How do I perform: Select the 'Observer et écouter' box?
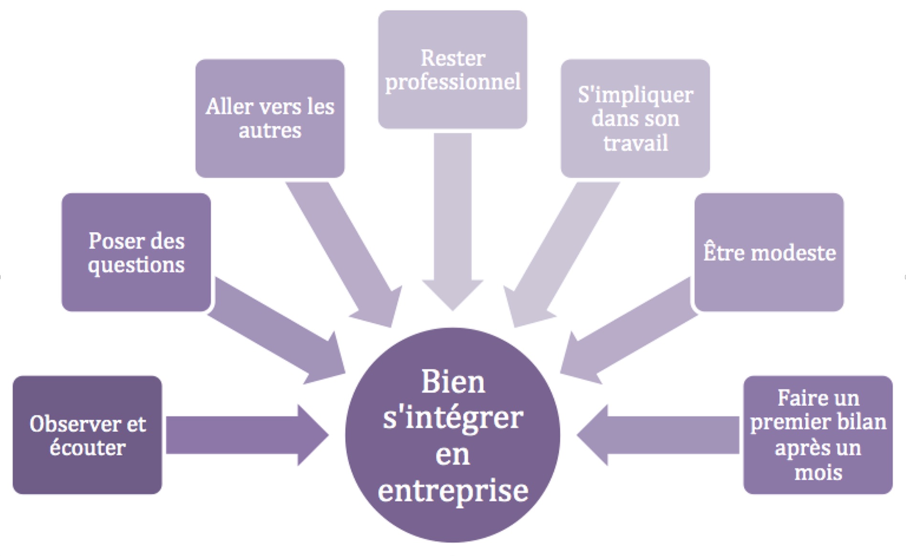87,435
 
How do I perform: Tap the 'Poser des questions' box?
136,252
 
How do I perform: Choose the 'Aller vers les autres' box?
270,118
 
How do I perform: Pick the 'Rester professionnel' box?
452,70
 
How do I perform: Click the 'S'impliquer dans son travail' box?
635,118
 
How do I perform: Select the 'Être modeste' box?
769,252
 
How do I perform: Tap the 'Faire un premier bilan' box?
818,435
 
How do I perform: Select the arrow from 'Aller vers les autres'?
344,253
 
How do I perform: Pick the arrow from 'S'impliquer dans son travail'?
559,253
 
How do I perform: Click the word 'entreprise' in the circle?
453,491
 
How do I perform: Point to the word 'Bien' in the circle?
453,382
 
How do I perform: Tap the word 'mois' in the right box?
818,473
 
